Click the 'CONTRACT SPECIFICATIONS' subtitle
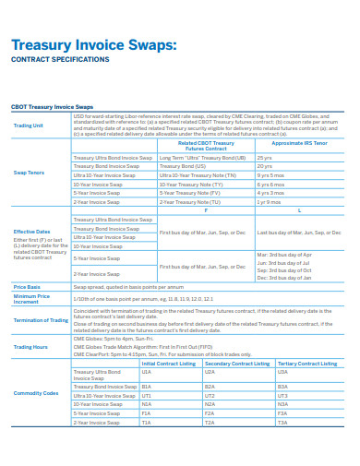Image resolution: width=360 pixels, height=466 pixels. (59, 59)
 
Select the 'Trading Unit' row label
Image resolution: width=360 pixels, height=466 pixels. (29, 125)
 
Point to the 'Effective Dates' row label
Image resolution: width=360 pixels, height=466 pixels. (31, 231)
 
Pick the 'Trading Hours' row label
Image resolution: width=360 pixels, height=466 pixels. (30, 346)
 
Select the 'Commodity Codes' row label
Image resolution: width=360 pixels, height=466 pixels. (36, 392)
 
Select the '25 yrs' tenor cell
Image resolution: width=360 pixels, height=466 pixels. (265, 158)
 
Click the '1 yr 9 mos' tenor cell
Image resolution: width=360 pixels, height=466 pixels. (270, 200)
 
